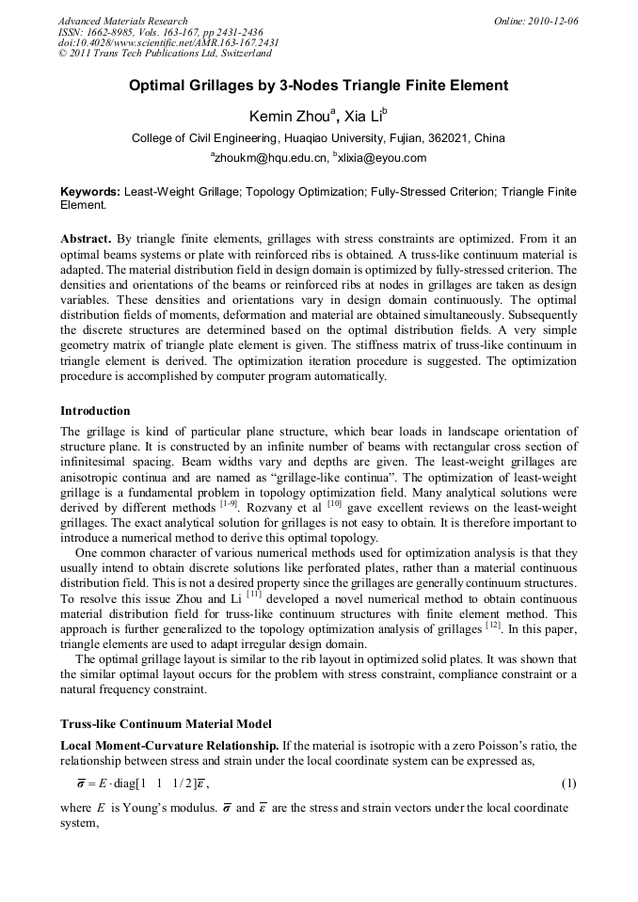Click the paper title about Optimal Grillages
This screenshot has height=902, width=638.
318,86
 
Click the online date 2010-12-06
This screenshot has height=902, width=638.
556,21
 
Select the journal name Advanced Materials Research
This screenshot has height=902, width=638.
122,21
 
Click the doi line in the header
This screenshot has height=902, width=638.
168,43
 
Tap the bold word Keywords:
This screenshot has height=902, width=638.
90,191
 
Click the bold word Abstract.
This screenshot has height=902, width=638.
88,238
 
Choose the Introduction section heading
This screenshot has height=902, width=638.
95,411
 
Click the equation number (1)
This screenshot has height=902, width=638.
568,783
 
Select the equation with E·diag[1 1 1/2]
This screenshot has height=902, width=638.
142,783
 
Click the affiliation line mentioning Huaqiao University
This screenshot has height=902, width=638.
318,138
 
